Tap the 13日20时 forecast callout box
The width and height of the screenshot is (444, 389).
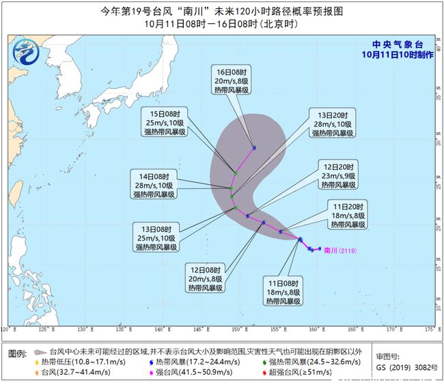(333, 122)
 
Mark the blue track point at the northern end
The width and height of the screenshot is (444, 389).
(254, 147)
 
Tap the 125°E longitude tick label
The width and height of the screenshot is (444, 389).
(46, 330)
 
